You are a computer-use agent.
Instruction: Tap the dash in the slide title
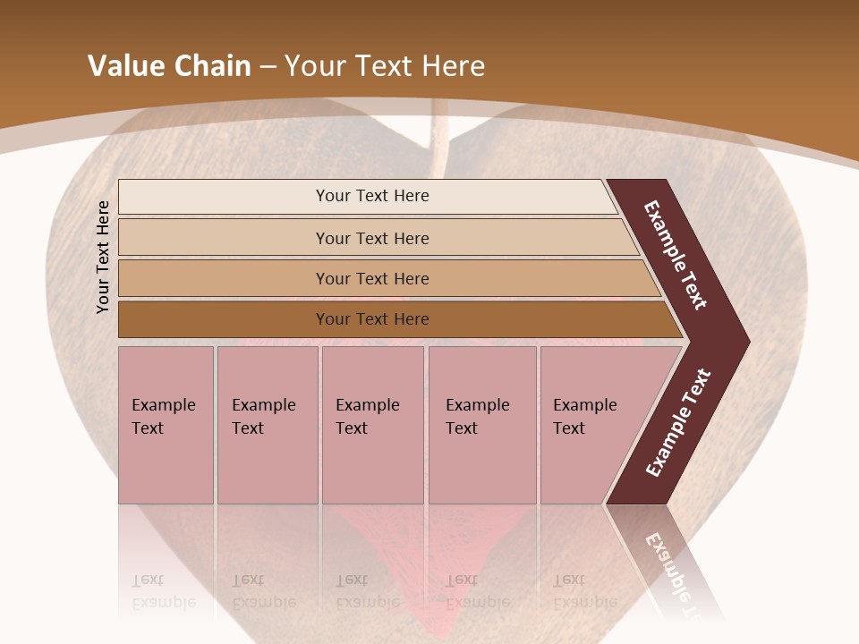point(268,66)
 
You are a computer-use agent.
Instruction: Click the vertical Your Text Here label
point(103,258)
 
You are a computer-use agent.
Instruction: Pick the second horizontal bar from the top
point(372,238)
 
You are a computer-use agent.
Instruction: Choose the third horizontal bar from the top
point(372,278)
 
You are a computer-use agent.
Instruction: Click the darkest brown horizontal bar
point(372,319)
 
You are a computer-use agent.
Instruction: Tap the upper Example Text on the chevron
point(676,255)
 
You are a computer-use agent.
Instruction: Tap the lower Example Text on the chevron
point(678,423)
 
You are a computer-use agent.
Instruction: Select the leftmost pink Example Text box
point(166,425)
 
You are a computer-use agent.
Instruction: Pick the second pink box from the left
point(267,425)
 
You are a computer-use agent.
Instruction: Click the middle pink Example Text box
point(372,425)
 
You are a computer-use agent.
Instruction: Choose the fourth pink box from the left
point(481,425)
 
